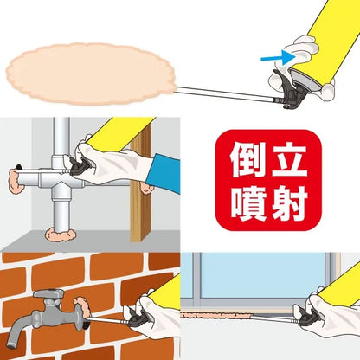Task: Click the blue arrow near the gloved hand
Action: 279,57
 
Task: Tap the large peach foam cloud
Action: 91,74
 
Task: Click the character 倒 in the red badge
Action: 248,160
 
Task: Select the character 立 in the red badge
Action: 289,160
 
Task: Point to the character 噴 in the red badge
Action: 248,203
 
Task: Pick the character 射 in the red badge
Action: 289,203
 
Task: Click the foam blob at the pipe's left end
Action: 16,181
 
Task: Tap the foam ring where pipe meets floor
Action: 61,235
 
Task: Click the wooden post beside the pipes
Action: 141,184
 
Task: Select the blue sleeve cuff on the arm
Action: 164,173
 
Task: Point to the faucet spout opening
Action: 11,344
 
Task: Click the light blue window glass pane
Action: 262,275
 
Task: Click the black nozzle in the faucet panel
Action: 139,317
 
